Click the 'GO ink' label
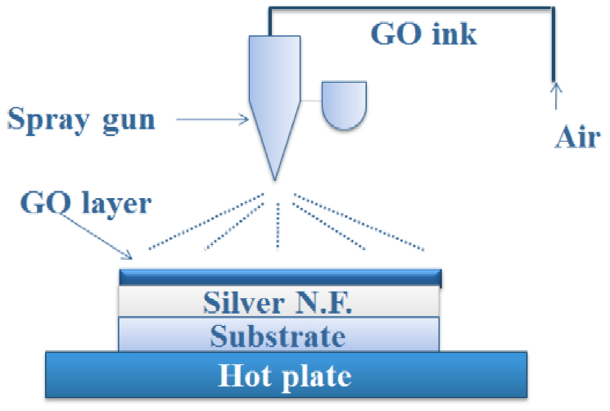(423, 34)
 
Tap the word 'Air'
(576, 137)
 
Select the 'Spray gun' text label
(81, 120)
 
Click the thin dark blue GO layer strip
(281, 277)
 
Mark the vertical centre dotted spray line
(278, 224)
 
